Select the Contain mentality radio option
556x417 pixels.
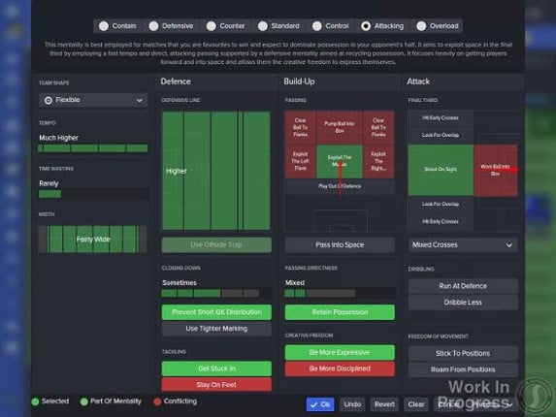[x=119, y=26]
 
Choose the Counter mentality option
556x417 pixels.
[x=224, y=26]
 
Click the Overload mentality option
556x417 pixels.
[x=434, y=26]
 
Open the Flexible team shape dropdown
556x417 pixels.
[x=93, y=100]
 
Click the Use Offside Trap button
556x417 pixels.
[x=216, y=245]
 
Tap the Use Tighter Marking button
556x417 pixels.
[x=216, y=329]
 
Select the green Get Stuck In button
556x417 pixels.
[x=216, y=369]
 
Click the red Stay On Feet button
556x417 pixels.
[x=216, y=385]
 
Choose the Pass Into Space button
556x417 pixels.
[x=339, y=245]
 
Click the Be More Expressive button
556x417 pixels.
[x=339, y=352]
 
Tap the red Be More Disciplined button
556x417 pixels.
[x=339, y=369]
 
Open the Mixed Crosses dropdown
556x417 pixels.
[x=462, y=245]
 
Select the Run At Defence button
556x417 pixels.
[x=462, y=286]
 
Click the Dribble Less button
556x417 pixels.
[x=462, y=303]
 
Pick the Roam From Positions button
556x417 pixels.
[x=462, y=369]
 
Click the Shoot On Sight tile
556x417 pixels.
[x=440, y=169]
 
